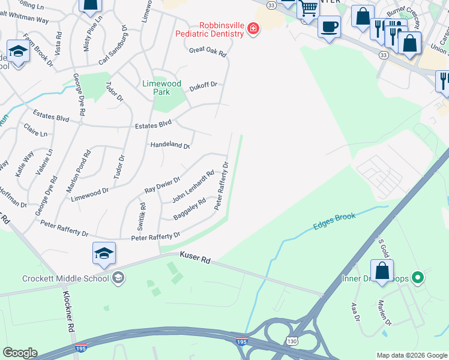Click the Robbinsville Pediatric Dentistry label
point(209,30)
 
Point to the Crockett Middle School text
point(66,278)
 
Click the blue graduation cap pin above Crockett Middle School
point(104,254)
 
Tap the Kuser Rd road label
point(195,256)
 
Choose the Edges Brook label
point(334,221)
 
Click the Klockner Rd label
point(70,311)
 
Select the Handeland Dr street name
point(170,145)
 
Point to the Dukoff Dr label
point(203,86)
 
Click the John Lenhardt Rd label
point(193,187)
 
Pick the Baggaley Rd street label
point(189,208)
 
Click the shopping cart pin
point(308,10)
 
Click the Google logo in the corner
point(20,353)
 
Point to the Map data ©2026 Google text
point(411,355)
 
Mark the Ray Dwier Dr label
point(162,185)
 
